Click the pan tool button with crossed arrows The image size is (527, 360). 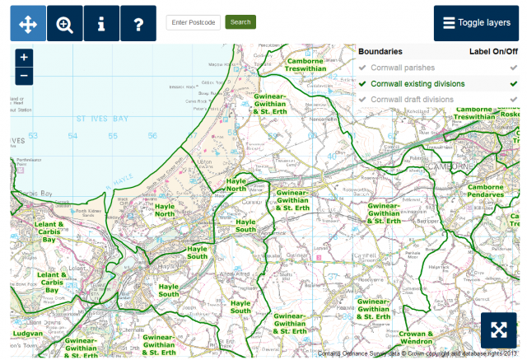pos(28,24)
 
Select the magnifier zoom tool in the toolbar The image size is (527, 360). pos(65,24)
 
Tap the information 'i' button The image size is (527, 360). pos(101,24)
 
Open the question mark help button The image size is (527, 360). pos(138,24)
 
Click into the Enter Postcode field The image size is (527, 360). pos(193,22)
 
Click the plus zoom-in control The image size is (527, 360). pos(24,58)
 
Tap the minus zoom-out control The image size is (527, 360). pos(24,76)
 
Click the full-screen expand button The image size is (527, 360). pos(497,330)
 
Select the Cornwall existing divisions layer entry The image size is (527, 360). pos(417,83)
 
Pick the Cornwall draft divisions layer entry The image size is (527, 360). pos(412,99)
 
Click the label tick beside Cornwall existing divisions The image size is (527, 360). pos(513,83)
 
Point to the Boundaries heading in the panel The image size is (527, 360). pos(380,51)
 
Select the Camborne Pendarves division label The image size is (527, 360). pos(490,191)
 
